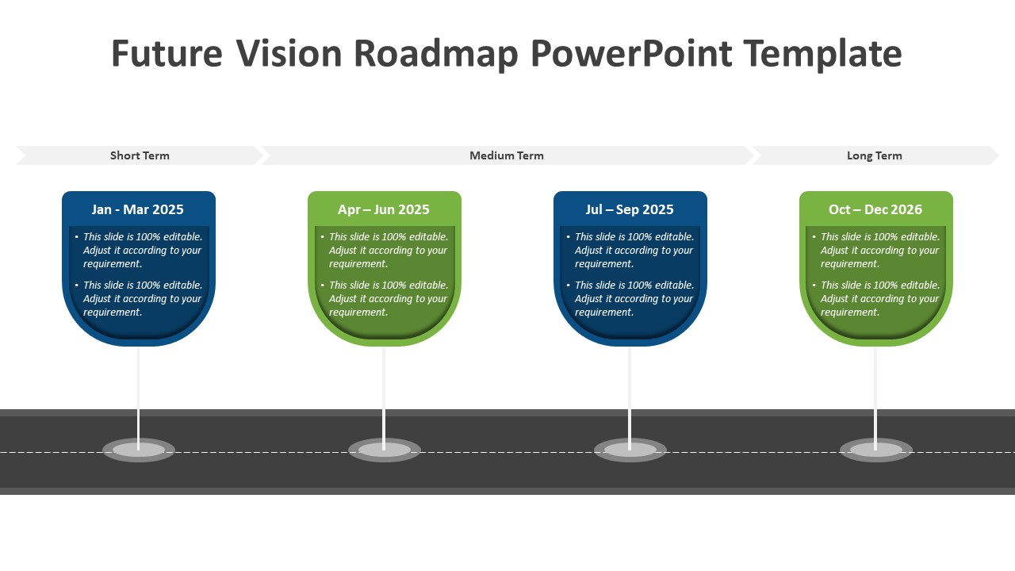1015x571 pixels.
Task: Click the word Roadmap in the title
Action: [435, 54]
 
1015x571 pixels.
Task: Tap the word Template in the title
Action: [822, 54]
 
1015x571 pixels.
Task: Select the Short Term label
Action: [140, 155]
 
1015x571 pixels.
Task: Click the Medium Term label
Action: [507, 155]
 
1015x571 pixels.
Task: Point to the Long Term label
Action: [874, 155]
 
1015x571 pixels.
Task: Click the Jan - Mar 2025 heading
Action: [138, 209]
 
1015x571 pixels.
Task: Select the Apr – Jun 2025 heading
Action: [384, 209]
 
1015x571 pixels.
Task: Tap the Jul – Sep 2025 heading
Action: [630, 209]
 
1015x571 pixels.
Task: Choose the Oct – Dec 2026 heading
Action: [875, 209]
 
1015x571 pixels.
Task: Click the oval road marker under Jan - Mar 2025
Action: [139, 450]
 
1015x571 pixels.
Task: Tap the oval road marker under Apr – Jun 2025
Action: [385, 450]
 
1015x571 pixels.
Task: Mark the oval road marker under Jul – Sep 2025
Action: [630, 450]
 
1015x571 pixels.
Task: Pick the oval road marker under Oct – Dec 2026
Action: [876, 450]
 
